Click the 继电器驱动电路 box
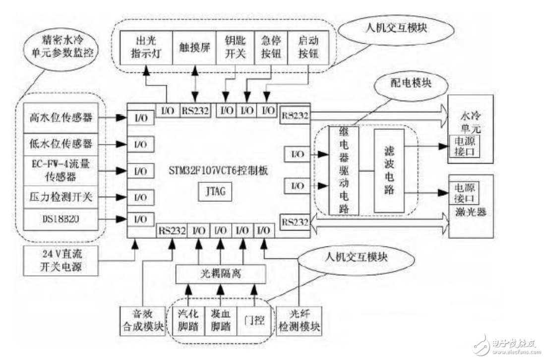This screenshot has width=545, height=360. (344, 170)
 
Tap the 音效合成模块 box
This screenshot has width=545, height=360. (142, 321)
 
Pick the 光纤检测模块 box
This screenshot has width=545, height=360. (300, 321)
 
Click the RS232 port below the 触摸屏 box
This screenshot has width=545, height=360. (195, 110)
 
